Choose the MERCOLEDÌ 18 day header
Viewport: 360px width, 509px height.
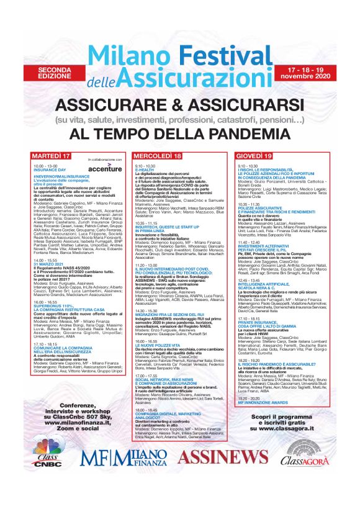[x=159, y=155]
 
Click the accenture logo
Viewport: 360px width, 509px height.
[x=104, y=168]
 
